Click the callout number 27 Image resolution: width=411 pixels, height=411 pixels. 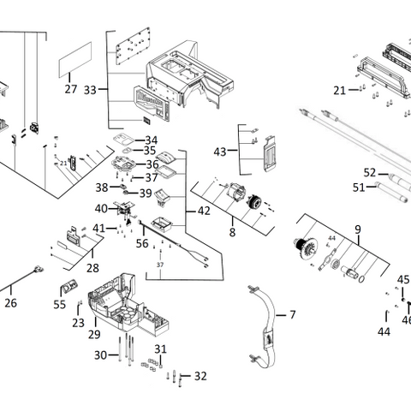click(x=70, y=89)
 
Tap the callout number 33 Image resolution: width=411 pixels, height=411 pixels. click(x=90, y=89)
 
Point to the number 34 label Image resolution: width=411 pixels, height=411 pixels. click(x=151, y=140)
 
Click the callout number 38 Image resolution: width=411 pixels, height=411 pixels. click(x=102, y=187)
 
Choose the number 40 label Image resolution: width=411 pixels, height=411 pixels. click(x=101, y=208)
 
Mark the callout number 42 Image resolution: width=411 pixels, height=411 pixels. click(x=203, y=211)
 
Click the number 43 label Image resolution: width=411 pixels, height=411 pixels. click(x=220, y=152)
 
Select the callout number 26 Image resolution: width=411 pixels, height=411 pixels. click(x=10, y=302)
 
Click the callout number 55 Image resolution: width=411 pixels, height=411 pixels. click(x=59, y=304)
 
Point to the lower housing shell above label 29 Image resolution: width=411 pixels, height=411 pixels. click(x=120, y=295)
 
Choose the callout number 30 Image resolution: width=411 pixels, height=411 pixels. click(x=100, y=354)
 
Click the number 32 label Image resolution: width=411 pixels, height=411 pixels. click(x=200, y=376)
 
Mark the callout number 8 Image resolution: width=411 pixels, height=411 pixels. click(x=231, y=231)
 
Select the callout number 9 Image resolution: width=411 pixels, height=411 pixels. click(x=358, y=229)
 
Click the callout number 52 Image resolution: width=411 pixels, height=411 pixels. click(x=369, y=171)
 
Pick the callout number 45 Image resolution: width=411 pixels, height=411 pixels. click(x=403, y=279)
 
